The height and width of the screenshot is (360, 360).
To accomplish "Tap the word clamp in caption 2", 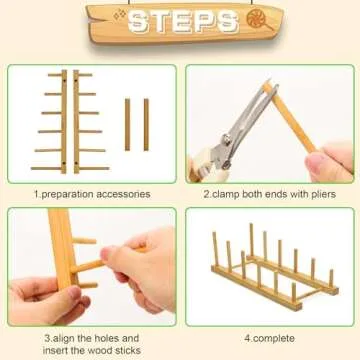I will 228,193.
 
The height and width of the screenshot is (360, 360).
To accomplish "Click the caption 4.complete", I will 270,337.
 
